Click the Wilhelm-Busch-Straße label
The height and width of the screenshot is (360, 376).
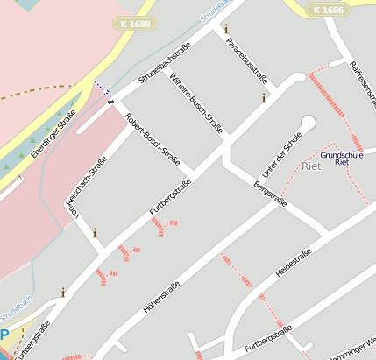pos(196,102)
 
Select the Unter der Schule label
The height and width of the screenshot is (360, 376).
pos(281,153)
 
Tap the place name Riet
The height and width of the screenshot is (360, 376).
pos(311,166)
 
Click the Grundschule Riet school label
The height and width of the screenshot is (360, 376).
pos(341,159)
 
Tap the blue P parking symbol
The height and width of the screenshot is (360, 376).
pos(5,335)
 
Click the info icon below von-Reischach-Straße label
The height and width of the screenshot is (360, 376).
pos(95,233)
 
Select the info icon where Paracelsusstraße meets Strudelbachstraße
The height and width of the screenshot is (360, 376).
pos(225,29)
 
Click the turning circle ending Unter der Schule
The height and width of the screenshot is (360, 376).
pos(308,122)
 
